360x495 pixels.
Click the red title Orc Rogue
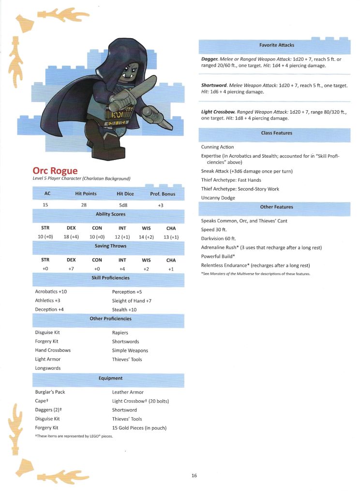pyautogui.click(x=55, y=171)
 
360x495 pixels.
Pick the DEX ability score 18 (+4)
pyautogui.click(x=71, y=237)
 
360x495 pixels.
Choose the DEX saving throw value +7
pyautogui.click(x=71, y=269)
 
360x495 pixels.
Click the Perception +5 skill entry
pyautogui.click(x=127, y=292)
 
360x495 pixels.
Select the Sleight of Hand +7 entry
pyautogui.click(x=132, y=301)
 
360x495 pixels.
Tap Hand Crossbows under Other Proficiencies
pyautogui.click(x=53, y=350)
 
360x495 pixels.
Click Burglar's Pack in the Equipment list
pyautogui.click(x=50, y=392)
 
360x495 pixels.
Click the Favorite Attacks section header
pyautogui.click(x=276, y=45)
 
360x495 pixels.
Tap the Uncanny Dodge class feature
pyautogui.click(x=218, y=198)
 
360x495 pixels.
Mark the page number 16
pyautogui.click(x=194, y=476)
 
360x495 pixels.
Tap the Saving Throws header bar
pyautogui.click(x=110, y=246)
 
